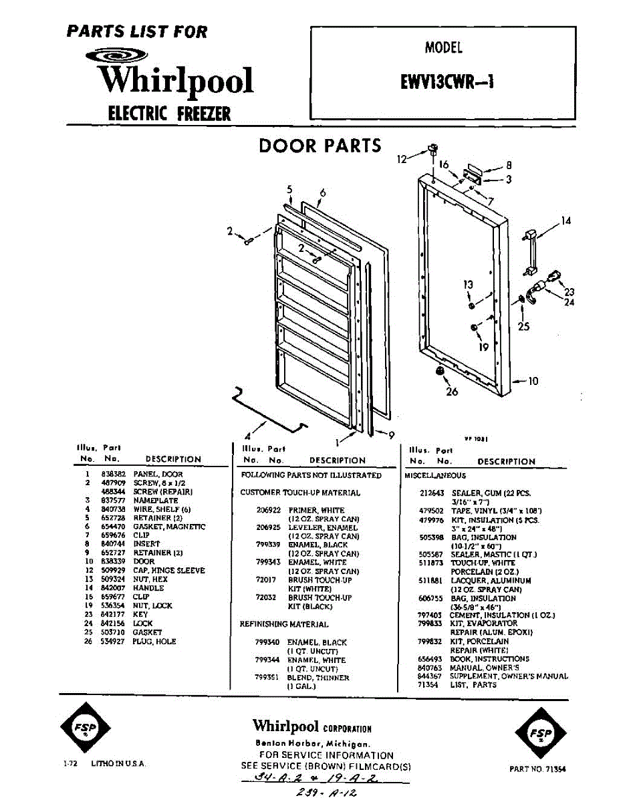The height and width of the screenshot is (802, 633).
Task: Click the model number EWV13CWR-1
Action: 442,80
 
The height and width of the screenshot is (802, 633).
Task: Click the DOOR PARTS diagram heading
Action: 320,146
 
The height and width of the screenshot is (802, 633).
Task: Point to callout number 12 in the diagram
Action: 402,159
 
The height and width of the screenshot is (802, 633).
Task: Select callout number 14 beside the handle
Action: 565,221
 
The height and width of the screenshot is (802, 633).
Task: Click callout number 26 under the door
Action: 453,391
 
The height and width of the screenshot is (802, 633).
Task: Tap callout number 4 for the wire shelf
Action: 249,431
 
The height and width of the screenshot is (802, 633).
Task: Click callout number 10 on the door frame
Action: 533,382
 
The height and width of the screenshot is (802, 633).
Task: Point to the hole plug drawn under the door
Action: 440,371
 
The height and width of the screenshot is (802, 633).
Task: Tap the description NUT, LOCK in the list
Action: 153,606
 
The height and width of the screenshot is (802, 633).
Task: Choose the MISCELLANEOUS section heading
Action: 435,475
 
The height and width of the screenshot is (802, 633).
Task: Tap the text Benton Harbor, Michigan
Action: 311,744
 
